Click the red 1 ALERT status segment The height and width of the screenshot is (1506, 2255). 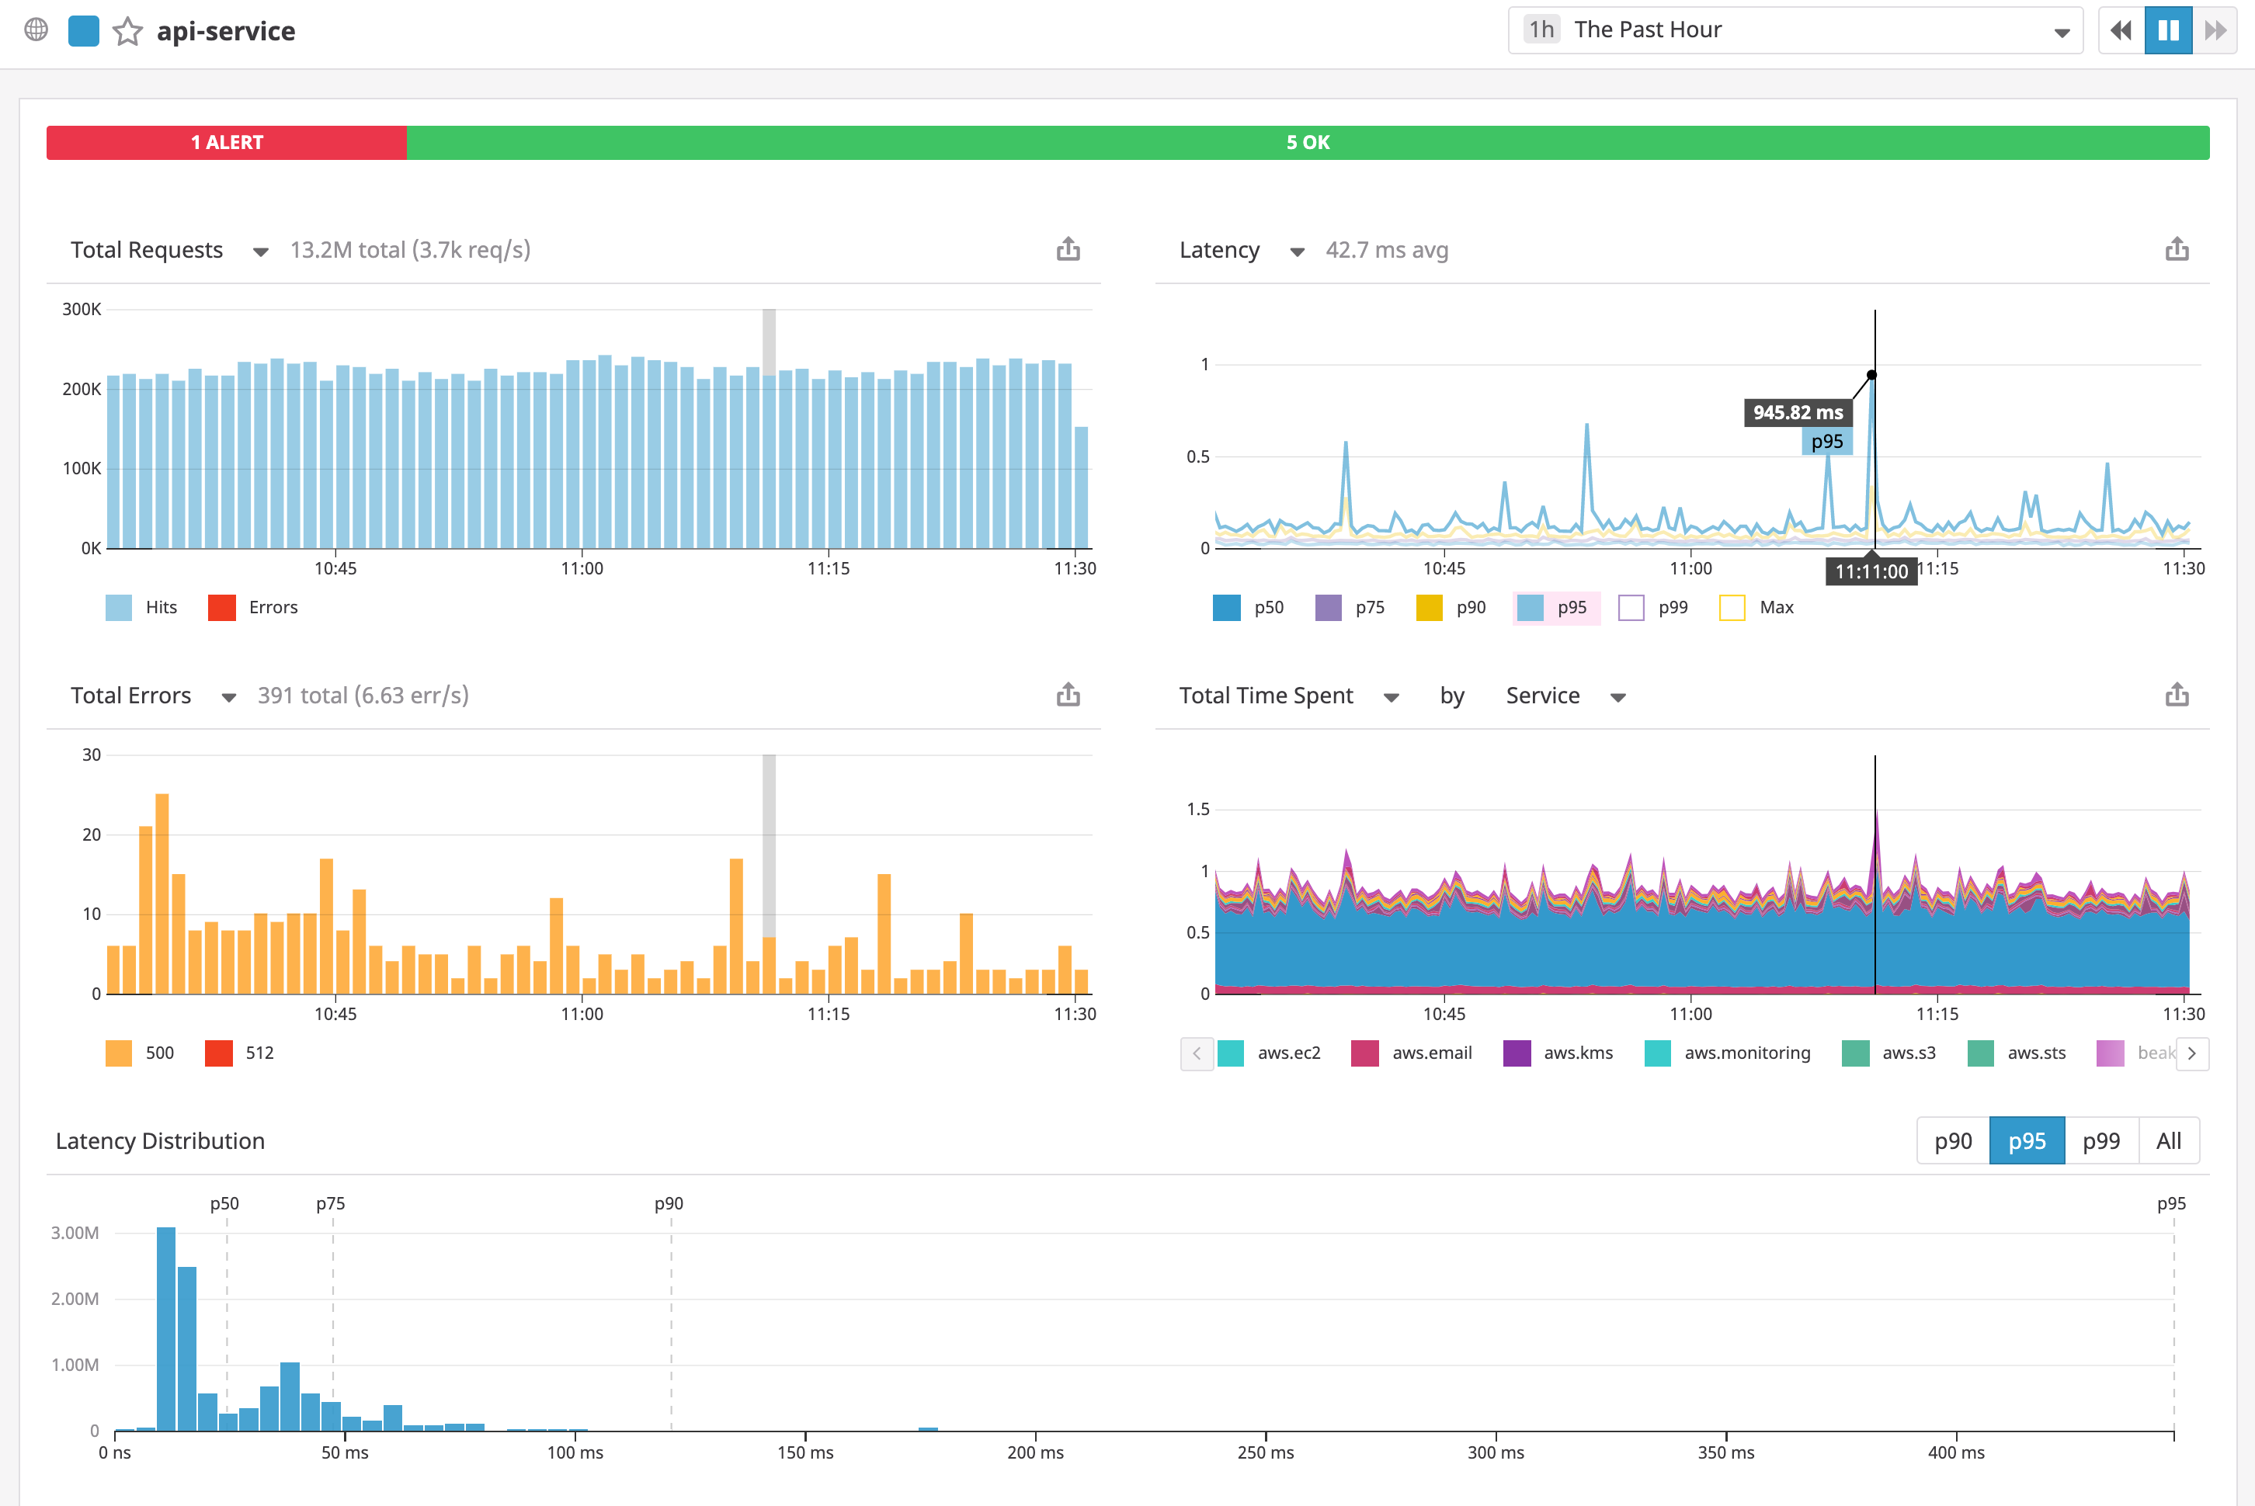pos(227,142)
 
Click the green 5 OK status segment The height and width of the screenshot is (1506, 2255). pos(1307,142)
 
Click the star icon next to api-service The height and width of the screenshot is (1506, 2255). pos(128,32)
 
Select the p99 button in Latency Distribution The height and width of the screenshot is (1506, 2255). pos(2100,1141)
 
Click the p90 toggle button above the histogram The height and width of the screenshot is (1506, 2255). pos(1952,1141)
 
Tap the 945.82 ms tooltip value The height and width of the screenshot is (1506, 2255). pos(1797,413)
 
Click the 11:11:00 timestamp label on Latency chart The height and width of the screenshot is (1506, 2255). pos(1871,571)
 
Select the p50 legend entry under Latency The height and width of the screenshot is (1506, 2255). pos(1249,608)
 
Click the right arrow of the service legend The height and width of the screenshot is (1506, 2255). pos(2191,1053)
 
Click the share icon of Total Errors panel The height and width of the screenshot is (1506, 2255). pos(1068,695)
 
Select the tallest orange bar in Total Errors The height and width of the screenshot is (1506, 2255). pos(162,894)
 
